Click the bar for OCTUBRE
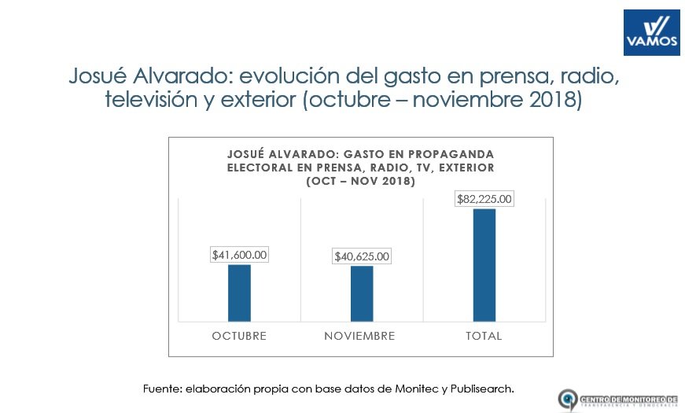[239, 293]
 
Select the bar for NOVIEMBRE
[362, 293]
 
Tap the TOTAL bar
[484, 265]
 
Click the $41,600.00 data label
[240, 255]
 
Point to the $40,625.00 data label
[362, 256]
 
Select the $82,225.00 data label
[484, 199]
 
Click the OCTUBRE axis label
[239, 336]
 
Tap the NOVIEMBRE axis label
[359, 336]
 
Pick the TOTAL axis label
[483, 336]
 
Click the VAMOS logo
[651, 33]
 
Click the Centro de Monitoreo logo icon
[568, 399]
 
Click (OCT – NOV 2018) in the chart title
[360, 181]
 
